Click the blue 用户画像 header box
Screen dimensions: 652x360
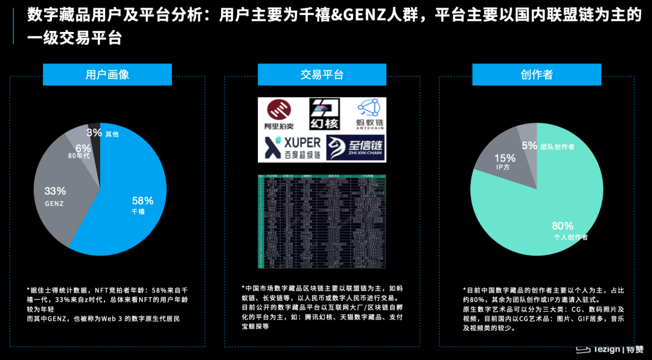coord(107,75)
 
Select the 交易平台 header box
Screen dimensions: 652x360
coord(322,75)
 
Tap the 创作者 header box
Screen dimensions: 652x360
coord(536,75)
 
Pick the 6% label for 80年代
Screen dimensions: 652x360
coord(83,149)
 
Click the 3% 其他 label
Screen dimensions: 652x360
coord(94,132)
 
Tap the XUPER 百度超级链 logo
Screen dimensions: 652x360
coord(292,147)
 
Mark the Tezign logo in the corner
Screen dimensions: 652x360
coord(610,350)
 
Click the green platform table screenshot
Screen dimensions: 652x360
coord(321,221)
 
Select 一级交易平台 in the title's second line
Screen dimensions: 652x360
coord(75,39)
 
